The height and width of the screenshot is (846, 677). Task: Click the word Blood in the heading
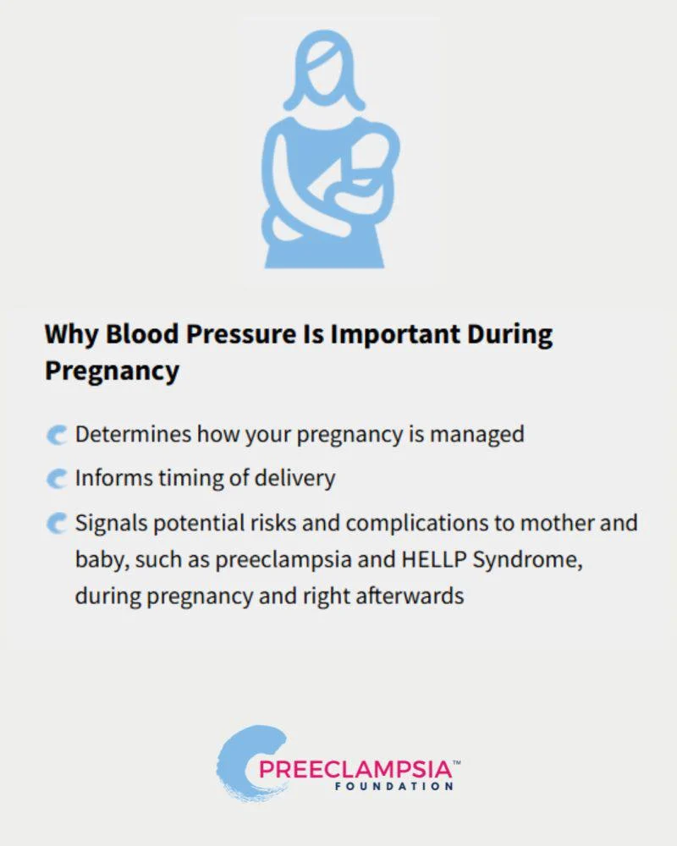point(142,334)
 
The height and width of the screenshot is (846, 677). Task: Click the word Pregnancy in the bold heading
point(113,371)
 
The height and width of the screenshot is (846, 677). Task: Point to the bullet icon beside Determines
point(56,435)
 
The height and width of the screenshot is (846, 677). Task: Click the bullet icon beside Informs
point(56,479)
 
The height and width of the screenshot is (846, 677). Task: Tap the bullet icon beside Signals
point(56,524)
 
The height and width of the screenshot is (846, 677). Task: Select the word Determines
point(134,434)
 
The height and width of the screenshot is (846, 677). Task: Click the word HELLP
point(434,559)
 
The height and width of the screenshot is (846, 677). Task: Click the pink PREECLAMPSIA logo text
point(355,769)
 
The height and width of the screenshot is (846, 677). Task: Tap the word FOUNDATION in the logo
point(394,787)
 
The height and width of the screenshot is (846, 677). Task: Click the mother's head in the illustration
point(324,69)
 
